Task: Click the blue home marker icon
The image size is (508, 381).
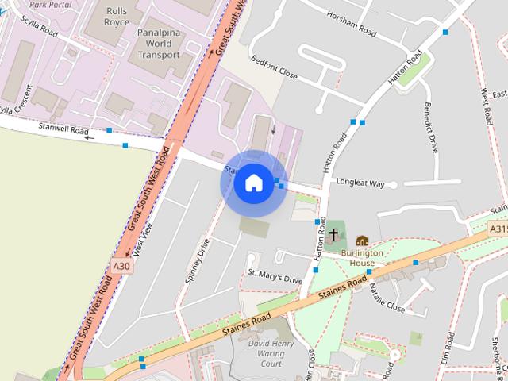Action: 253,183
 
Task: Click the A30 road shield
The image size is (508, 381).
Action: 121,267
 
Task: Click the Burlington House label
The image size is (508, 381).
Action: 362,258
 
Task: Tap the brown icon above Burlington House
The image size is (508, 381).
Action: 362,241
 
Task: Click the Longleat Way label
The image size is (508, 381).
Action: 360,183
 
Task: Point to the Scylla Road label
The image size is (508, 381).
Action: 40,28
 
